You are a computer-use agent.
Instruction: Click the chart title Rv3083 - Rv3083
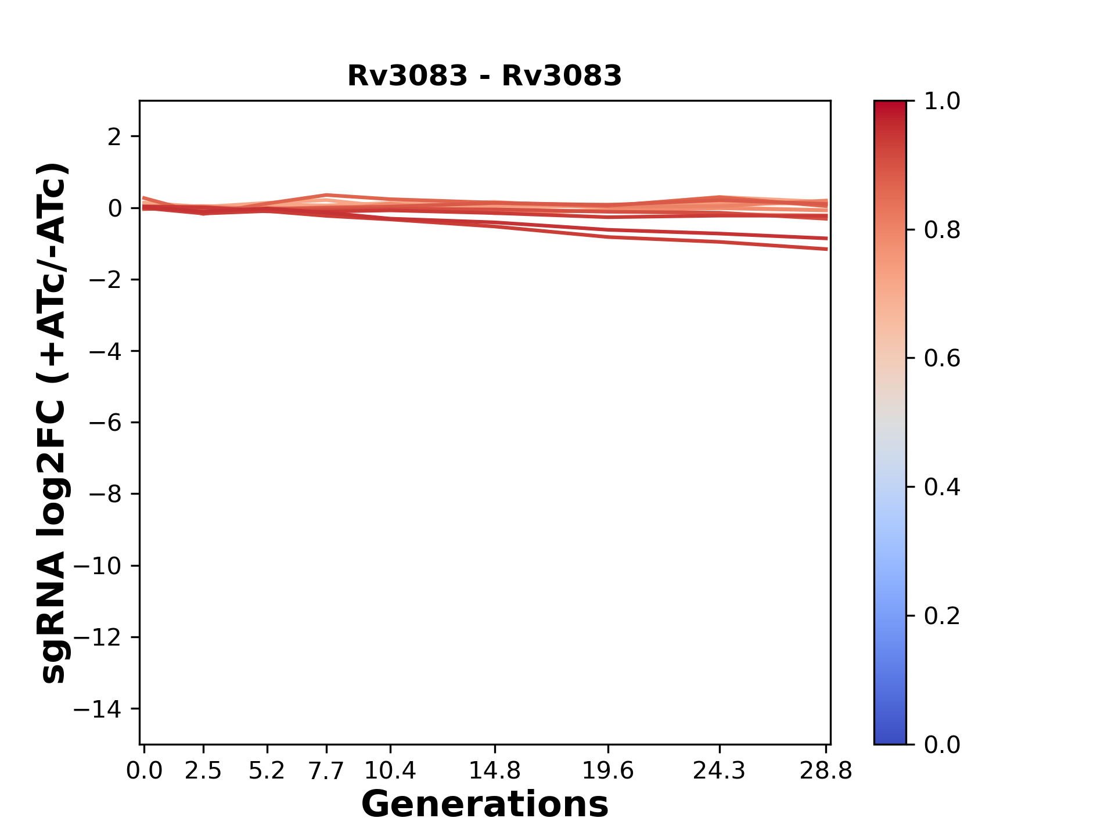(484, 76)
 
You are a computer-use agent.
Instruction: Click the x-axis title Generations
(484, 804)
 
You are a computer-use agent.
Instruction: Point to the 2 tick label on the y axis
(114, 137)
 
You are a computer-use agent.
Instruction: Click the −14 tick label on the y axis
(98, 709)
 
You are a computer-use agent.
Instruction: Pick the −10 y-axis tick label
(98, 566)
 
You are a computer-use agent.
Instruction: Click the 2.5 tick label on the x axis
(203, 771)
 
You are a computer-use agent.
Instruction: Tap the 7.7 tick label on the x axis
(326, 771)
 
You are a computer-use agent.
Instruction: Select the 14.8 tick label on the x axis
(495, 771)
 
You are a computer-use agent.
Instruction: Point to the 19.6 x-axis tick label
(608, 771)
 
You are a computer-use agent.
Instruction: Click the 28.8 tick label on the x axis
(826, 771)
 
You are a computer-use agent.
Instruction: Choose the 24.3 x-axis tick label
(720, 771)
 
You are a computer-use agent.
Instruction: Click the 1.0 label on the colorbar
(942, 102)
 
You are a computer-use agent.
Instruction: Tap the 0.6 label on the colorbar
(942, 358)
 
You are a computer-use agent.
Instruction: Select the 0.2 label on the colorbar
(942, 615)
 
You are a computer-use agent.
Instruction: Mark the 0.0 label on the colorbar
(942, 744)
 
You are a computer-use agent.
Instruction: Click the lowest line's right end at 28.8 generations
(826, 249)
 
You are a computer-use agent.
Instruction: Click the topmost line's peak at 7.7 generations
(327, 195)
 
